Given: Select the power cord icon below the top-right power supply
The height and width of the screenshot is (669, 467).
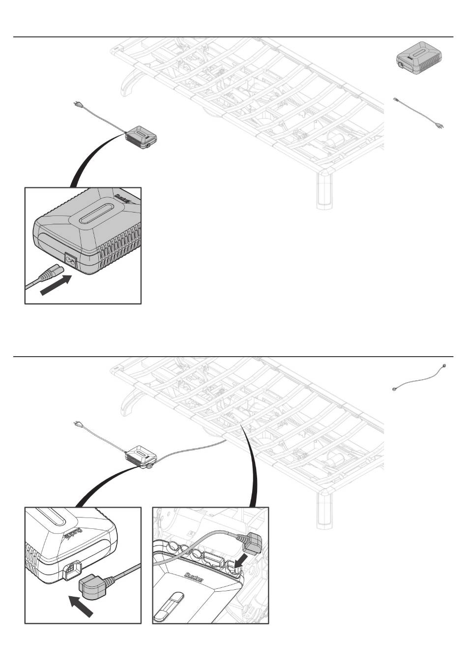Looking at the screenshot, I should [x=419, y=113].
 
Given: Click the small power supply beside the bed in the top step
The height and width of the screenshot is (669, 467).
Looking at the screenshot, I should [x=142, y=137].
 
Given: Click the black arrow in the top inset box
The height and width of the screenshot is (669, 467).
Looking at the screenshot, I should [x=55, y=285].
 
